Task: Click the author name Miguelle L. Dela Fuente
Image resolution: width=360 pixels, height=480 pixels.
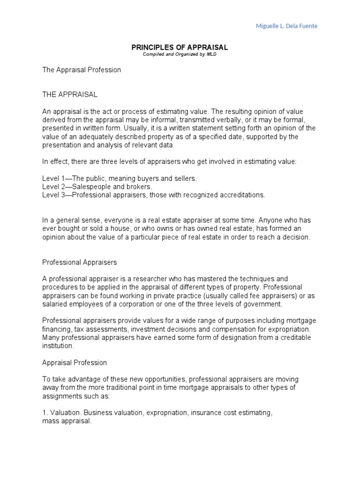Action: coord(286,26)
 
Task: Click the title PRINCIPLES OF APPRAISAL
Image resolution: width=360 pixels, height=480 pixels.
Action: coord(180,48)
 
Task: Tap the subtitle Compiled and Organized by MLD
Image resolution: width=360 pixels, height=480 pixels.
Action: coord(180,54)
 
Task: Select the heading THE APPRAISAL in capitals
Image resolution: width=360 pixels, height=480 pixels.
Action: coord(70,94)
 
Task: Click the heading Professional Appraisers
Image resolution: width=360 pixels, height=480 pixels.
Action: coord(79,262)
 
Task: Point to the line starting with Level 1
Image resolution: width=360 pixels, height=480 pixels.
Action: coord(120,179)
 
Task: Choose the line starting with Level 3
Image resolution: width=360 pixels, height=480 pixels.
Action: coord(154,195)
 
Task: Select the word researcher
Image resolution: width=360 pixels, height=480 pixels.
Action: coord(133,278)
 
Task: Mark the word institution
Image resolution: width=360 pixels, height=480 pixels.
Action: coord(58,346)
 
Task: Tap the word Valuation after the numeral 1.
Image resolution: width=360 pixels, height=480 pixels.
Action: coord(64,412)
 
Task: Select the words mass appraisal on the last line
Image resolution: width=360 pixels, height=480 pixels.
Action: coord(67,421)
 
